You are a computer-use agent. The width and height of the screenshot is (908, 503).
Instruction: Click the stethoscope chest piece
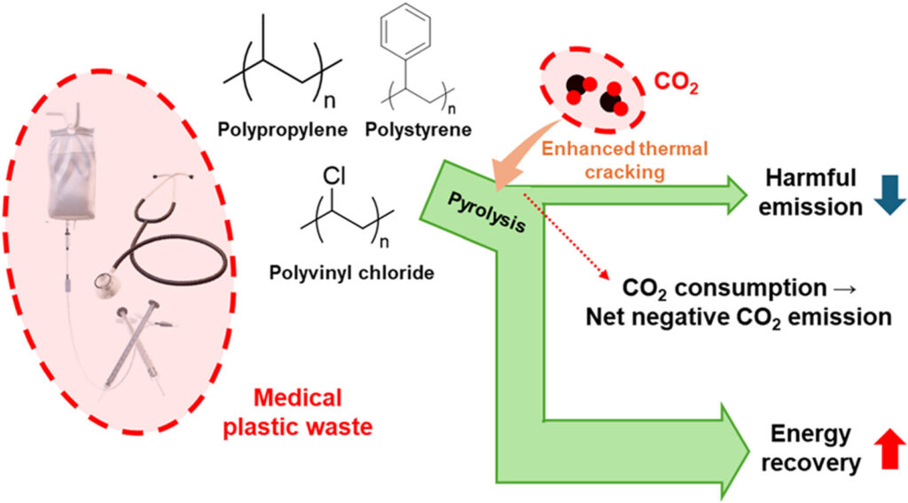(108, 282)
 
